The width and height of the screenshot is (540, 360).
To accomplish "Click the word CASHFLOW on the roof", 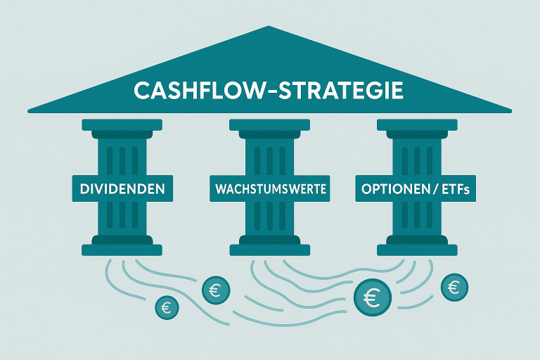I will point(193,91).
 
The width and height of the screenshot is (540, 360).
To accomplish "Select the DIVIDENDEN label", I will point(122,189).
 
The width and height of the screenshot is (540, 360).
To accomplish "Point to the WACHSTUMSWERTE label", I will point(270,189).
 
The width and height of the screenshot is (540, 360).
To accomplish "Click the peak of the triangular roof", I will point(269,28).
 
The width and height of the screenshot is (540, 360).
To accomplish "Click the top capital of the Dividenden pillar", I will point(122,125).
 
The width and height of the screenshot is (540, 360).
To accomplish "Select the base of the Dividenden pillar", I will point(122,249).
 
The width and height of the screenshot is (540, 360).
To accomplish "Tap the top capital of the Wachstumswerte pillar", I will point(270,125).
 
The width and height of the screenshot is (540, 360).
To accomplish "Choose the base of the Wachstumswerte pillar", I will point(270,249).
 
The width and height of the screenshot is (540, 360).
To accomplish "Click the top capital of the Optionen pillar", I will point(417,125).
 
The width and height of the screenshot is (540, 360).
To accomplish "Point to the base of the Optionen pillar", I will point(417,249).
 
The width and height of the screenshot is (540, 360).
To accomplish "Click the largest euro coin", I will point(372,297).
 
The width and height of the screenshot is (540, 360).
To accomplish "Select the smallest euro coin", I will point(167,307).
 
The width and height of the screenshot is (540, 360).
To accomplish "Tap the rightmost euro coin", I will point(454,286).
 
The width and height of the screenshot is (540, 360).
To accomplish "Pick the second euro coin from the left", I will point(214,288).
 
